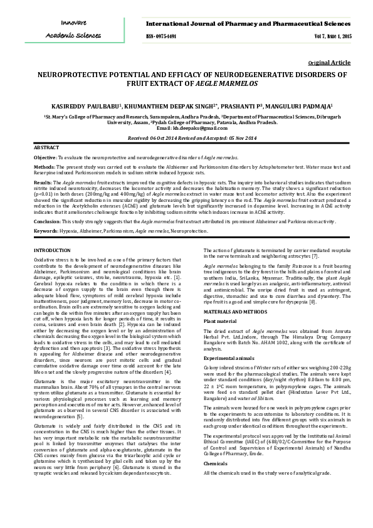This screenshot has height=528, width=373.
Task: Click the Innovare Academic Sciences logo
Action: [x=73, y=29]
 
